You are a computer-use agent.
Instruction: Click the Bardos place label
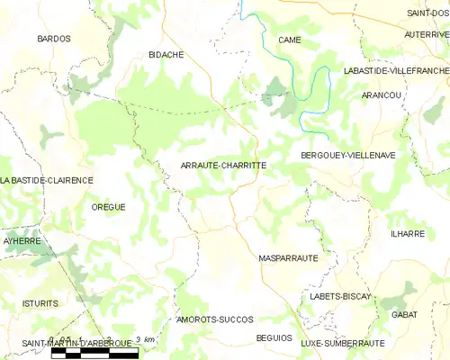[x=54, y=40]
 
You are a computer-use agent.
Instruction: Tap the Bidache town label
[x=166, y=55]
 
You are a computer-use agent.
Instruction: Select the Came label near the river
[x=289, y=40]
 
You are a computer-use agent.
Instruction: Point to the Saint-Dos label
[x=427, y=13]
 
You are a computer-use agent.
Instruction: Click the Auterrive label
[x=427, y=34]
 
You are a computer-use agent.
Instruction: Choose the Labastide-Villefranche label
[x=396, y=70]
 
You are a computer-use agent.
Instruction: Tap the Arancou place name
[x=379, y=94]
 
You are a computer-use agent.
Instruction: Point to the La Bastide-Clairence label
[x=47, y=180]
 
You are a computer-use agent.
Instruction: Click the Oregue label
[x=108, y=207]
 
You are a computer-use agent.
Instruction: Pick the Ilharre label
[x=407, y=234]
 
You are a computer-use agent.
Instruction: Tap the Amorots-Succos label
[x=215, y=319]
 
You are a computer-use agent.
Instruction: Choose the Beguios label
[x=274, y=337]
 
